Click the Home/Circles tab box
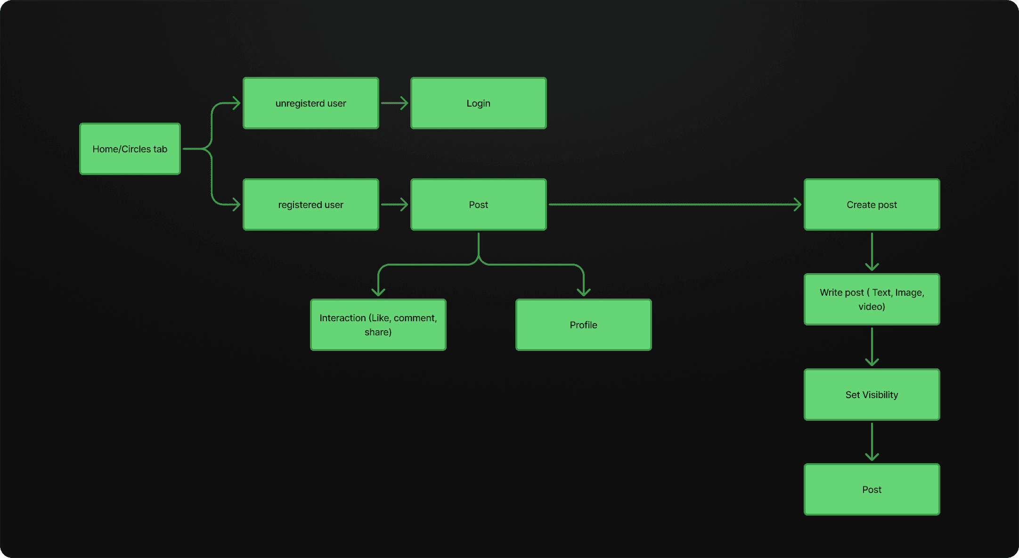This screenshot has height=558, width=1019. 130,149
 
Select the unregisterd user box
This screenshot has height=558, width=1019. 311,103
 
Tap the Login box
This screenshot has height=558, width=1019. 479,103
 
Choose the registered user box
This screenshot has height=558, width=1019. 311,205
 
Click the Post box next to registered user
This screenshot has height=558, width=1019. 479,205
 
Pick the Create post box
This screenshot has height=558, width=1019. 872,205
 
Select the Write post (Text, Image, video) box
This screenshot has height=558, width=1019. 872,300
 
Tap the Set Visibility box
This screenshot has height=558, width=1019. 872,395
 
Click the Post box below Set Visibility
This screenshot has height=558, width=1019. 872,490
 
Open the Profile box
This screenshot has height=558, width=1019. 584,325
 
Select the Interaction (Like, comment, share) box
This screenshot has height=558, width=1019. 378,325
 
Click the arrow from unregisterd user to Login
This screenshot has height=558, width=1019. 394,103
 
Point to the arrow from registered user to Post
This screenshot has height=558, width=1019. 394,205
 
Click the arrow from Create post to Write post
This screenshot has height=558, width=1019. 872,251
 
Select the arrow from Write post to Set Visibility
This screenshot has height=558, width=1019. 872,347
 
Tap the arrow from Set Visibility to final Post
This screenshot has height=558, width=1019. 872,441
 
